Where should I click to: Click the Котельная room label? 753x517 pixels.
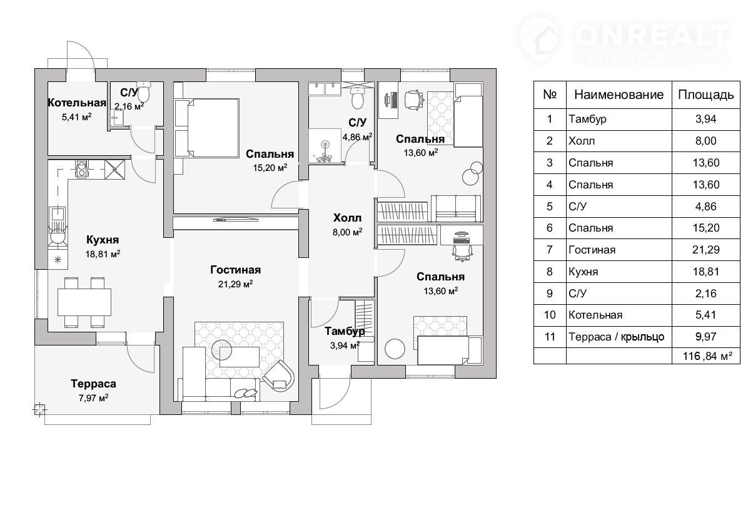click(x=77, y=103)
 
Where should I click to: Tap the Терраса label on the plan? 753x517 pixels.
click(x=93, y=384)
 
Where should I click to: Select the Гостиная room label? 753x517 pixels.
click(x=236, y=270)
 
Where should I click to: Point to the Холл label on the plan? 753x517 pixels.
click(x=347, y=218)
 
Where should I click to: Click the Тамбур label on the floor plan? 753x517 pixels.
click(x=345, y=331)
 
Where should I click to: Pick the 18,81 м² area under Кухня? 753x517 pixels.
click(x=103, y=254)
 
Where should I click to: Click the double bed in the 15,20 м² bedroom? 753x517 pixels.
click(x=207, y=128)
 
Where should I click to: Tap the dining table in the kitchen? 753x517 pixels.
click(x=84, y=302)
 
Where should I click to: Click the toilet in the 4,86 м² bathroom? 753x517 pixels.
click(x=358, y=98)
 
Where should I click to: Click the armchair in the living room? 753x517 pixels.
click(x=279, y=376)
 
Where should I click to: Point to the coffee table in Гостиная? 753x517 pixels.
click(x=240, y=357)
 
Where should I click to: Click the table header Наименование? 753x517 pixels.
click(x=619, y=95)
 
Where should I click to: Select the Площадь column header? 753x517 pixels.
click(x=706, y=95)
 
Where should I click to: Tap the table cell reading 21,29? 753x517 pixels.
click(x=706, y=250)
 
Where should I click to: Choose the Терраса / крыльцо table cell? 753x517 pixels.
click(x=617, y=337)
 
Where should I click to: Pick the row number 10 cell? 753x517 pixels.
click(x=550, y=315)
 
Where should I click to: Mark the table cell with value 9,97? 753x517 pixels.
click(x=706, y=336)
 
